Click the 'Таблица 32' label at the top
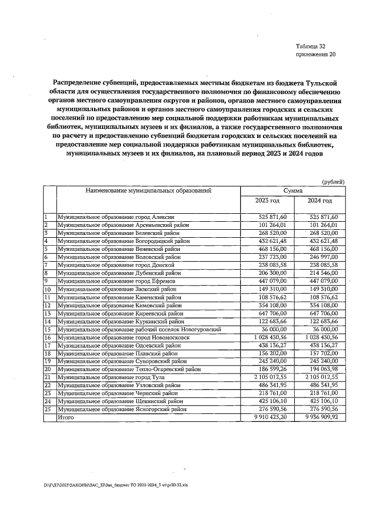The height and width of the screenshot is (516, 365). (311, 46)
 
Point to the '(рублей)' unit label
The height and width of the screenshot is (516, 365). (333, 181)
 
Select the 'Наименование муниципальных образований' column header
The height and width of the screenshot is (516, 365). (148, 190)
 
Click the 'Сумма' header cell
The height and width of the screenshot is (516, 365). (293, 190)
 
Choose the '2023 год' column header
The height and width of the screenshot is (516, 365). (267, 201)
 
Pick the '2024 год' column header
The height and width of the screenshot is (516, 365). (319, 201)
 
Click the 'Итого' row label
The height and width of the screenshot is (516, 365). (66, 418)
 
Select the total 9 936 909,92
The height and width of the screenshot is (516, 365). (319, 418)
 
